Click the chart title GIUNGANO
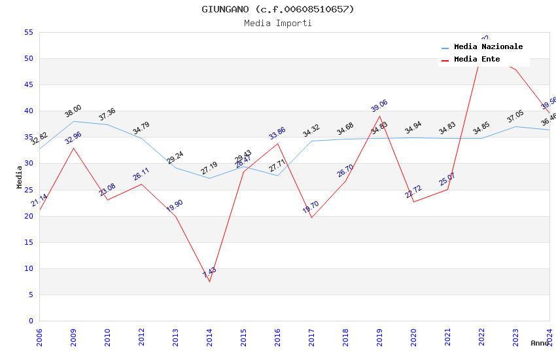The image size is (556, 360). (277, 9)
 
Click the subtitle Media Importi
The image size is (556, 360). (277, 24)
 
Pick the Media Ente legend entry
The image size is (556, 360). (477, 60)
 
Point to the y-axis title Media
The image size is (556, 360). (20, 177)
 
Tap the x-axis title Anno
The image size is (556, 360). (540, 343)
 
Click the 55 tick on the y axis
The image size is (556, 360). (28, 32)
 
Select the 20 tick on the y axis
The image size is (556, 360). (28, 216)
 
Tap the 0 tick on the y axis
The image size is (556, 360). (31, 321)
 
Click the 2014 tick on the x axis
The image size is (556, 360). (209, 337)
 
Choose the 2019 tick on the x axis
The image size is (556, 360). (379, 337)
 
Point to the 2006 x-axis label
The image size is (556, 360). (39, 337)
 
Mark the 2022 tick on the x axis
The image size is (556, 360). (481, 337)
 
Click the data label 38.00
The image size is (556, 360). (73, 111)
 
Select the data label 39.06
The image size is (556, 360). (379, 106)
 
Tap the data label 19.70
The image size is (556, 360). (311, 208)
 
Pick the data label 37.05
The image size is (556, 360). (515, 117)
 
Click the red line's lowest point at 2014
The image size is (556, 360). (209, 281)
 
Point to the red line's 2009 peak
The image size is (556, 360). (73, 148)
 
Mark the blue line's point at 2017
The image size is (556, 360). (311, 141)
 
